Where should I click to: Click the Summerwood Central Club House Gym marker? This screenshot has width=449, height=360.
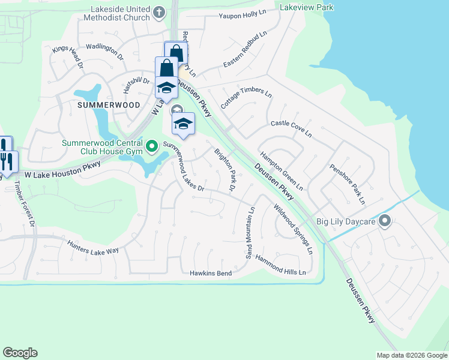[151, 145]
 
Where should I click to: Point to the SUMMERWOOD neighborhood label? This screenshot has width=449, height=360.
[109, 105]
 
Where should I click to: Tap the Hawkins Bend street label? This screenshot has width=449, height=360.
[211, 274]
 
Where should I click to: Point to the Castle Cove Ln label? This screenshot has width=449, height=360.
[291, 128]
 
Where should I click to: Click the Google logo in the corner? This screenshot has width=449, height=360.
[20, 353]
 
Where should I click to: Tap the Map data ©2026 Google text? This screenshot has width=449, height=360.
[411, 355]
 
